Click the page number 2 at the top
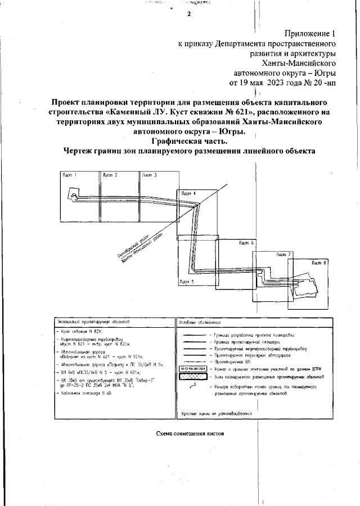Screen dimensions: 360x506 189,15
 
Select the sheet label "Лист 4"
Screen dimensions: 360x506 189,195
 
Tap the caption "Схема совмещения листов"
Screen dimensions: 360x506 190,434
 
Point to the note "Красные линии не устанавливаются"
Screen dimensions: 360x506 217,414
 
